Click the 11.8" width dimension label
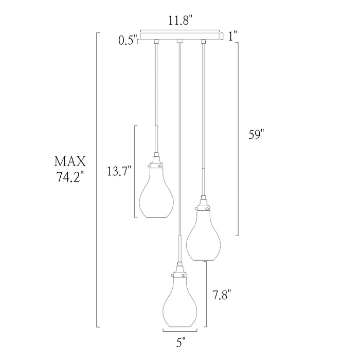(180, 21)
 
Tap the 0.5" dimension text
(128, 41)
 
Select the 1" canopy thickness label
(232, 37)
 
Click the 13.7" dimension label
(119, 171)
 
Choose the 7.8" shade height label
(221, 295)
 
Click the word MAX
(70, 161)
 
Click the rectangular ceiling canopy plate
(180, 36)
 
